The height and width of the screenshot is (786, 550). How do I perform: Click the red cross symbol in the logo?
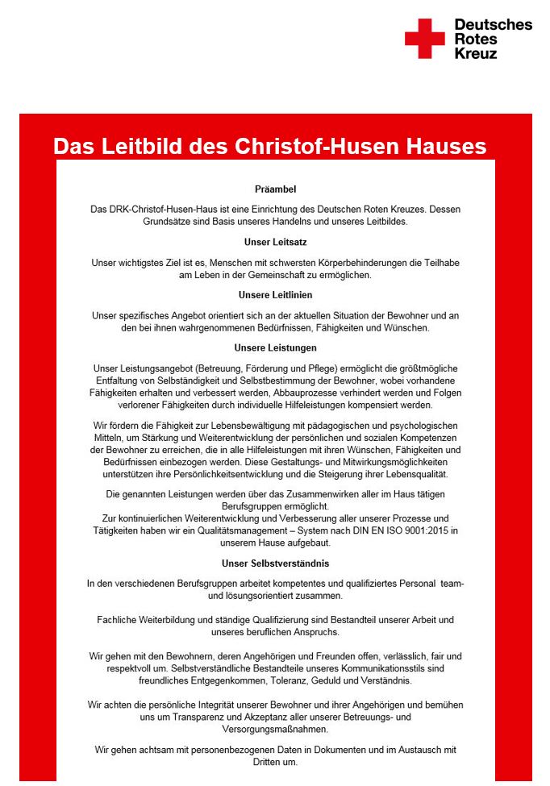424,38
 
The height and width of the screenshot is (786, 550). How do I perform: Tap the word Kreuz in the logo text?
476,54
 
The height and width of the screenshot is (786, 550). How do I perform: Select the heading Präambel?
275,189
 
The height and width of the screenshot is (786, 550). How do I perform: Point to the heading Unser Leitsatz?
275,242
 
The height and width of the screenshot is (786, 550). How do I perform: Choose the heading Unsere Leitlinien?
275,295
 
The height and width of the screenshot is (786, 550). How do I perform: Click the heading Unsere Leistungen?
275,348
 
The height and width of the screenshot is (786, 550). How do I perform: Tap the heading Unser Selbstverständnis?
275,564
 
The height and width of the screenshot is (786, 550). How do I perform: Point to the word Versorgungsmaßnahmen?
276,729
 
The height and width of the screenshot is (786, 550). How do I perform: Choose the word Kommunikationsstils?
371,669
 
